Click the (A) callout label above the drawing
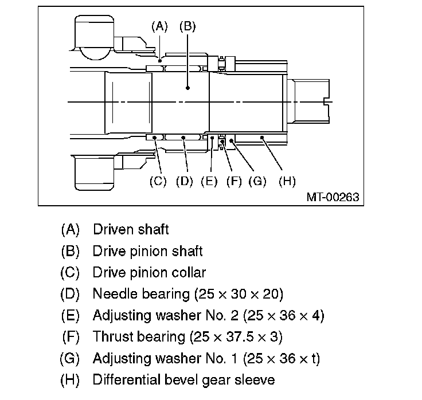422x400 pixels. (x=159, y=26)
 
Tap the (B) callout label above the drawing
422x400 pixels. (x=187, y=26)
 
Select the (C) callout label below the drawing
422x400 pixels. (x=157, y=182)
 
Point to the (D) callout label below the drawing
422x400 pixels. (x=184, y=182)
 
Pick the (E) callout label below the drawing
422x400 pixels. (x=209, y=182)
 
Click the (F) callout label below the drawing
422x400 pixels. (x=234, y=182)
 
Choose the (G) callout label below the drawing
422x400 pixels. (x=257, y=182)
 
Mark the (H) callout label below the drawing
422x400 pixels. (x=287, y=182)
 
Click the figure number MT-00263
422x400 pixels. (x=333, y=197)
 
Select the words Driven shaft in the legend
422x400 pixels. (x=131, y=230)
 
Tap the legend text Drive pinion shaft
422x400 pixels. (x=147, y=252)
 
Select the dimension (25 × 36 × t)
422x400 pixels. (x=281, y=359)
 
